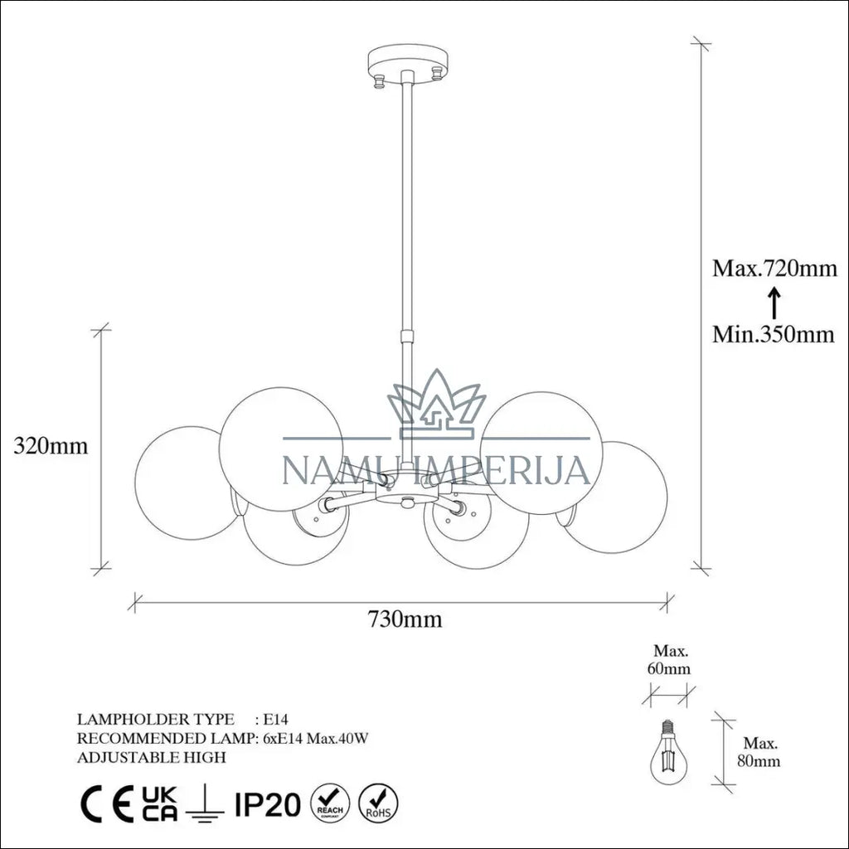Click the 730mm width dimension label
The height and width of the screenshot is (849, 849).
(x=405, y=619)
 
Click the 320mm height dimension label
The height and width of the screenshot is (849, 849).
(x=51, y=445)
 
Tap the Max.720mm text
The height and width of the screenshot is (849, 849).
(x=774, y=268)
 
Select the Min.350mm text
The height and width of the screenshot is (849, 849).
(x=774, y=334)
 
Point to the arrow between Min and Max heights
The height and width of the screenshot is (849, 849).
(x=775, y=302)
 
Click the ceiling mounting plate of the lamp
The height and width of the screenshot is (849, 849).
(x=409, y=59)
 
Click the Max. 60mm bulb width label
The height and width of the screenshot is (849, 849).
(x=670, y=659)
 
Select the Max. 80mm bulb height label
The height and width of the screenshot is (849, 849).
(x=759, y=751)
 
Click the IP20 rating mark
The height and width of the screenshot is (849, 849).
(x=268, y=804)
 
